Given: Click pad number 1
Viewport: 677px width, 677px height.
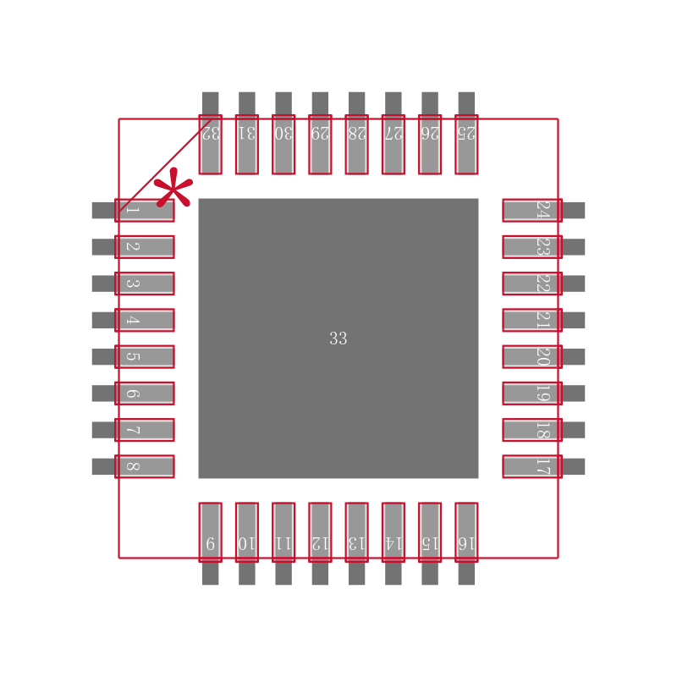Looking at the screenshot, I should [x=144, y=210].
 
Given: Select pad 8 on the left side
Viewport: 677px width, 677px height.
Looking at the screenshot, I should [x=144, y=466].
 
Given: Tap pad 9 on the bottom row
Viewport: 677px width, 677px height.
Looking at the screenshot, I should [x=210, y=532].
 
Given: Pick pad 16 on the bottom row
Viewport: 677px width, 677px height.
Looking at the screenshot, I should [x=466, y=532].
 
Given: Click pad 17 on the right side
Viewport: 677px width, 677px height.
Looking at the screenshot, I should [x=532, y=466].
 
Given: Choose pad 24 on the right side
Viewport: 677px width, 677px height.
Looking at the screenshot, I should [x=532, y=210].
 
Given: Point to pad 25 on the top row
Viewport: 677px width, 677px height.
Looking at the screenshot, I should [x=466, y=144].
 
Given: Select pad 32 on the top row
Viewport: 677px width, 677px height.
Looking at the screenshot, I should [x=210, y=144].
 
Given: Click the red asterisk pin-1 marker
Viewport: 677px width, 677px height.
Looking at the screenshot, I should [x=173, y=188].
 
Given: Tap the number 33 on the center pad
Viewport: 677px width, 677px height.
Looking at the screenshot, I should [x=338, y=338].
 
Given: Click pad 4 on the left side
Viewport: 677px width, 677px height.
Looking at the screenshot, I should [x=144, y=320].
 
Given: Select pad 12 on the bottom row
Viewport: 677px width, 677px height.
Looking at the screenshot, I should [x=320, y=532].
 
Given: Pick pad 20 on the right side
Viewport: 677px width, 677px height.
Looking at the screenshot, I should [x=532, y=356].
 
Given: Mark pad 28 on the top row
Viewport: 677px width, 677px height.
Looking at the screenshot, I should [x=356, y=144].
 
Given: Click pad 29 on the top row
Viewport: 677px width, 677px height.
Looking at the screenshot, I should [x=320, y=144].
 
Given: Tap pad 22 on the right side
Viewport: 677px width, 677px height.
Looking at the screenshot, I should [x=532, y=283].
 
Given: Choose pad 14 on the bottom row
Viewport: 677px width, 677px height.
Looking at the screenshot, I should [x=393, y=532].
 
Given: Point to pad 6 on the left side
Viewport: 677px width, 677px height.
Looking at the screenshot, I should [x=144, y=393].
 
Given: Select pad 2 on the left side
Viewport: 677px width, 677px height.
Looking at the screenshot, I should [x=144, y=246].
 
